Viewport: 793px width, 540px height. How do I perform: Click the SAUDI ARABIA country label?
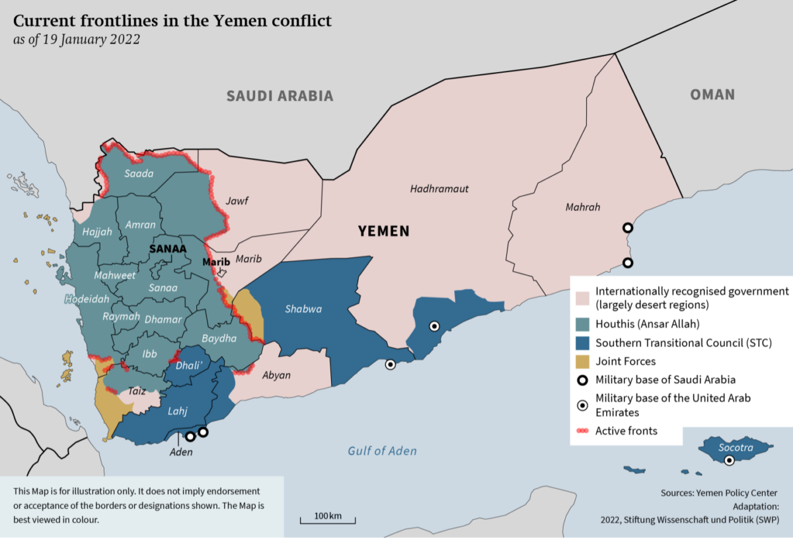(280, 96)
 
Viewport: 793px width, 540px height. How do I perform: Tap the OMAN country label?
(712, 95)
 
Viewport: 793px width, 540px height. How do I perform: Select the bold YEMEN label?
(383, 231)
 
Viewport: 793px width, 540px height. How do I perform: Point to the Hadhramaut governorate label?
(439, 189)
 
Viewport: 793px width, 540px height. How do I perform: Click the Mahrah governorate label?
(583, 208)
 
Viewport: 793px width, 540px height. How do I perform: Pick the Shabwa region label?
(303, 309)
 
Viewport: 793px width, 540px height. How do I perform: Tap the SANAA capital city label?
(168, 249)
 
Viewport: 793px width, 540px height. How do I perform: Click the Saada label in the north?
(139, 174)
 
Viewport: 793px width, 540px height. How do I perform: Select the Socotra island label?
(736, 447)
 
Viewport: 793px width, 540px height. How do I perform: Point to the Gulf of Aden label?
(383, 451)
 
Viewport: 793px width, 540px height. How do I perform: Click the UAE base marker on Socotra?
(729, 461)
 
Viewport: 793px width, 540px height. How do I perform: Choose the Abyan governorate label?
(276, 375)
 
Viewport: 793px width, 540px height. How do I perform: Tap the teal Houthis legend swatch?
(583, 324)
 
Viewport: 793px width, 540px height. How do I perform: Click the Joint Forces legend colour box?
(583, 362)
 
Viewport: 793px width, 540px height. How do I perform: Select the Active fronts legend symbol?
(583, 431)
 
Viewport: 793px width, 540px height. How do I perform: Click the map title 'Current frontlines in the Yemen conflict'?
(172, 21)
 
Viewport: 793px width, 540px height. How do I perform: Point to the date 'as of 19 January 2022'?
(77, 39)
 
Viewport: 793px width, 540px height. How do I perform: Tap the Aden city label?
(181, 452)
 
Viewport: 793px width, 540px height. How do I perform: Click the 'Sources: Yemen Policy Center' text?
(719, 493)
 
